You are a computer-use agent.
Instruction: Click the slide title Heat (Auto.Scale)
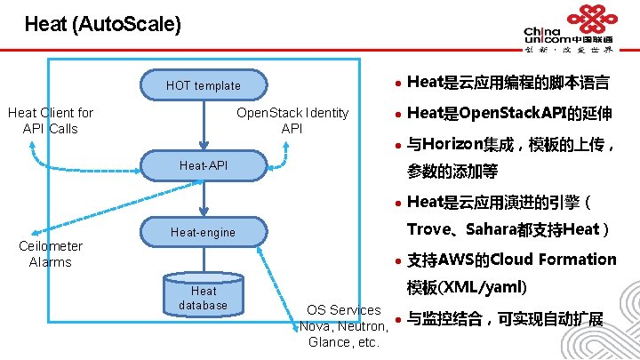point(103,24)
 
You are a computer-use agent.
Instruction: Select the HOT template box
point(204,85)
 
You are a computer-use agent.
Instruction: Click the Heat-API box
point(204,165)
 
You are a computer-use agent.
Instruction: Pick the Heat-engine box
point(204,233)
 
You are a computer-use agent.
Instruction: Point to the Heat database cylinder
point(204,297)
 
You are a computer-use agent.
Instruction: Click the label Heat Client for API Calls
point(51,121)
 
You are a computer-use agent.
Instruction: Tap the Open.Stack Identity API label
point(292,121)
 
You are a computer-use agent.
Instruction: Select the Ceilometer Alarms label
point(51,254)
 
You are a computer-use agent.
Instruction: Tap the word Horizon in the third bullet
point(453,143)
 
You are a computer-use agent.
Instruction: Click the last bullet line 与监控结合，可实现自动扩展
point(505,318)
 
